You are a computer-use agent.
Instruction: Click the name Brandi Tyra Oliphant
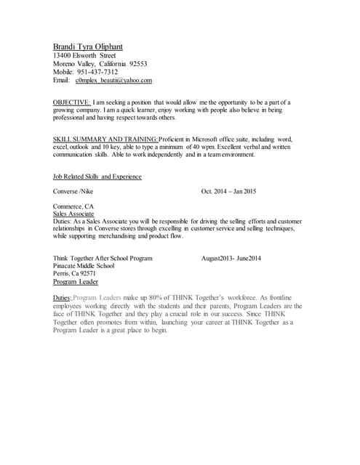(88, 46)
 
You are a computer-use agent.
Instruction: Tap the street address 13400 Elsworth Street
(84, 55)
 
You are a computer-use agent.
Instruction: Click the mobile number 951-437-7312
(97, 72)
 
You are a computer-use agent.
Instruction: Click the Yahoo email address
(113, 81)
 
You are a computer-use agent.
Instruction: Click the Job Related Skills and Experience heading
(97, 177)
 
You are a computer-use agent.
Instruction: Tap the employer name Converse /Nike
(73, 192)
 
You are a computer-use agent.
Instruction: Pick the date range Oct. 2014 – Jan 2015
(228, 192)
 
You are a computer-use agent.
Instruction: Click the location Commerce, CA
(73, 206)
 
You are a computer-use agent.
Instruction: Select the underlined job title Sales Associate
(73, 214)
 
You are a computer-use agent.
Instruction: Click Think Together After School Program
(103, 258)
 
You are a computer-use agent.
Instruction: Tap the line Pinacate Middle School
(84, 266)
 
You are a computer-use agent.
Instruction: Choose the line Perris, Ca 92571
(75, 274)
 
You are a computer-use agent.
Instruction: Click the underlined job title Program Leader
(76, 282)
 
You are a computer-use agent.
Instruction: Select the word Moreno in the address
(65, 64)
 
